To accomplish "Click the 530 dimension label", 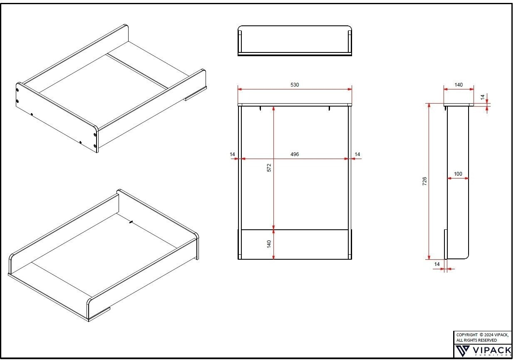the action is coord(295,85).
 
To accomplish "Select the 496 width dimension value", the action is coord(295,154).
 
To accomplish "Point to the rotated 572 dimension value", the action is coord(269,168).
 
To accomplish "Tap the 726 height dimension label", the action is coord(424,181).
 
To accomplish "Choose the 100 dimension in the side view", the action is coord(458,174).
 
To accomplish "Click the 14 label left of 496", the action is coord(233,154).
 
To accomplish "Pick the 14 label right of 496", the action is coord(357,154).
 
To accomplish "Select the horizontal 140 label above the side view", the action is coord(459,85).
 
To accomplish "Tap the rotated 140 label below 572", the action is coord(269,244).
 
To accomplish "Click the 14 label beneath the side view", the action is coord(437,264).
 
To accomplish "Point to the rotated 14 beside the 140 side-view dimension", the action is coord(483,97).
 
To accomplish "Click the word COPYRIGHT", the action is coord(467,335).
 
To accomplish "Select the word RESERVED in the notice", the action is coord(487,340).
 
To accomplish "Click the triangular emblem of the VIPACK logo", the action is coord(462,351).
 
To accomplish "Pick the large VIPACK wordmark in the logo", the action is coord(491,350).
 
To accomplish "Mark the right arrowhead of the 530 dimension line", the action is coord(350,89).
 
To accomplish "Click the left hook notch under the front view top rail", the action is coord(260,108).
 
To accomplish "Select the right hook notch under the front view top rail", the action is coord(329,108).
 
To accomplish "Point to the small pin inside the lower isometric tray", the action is coord(131,222).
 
